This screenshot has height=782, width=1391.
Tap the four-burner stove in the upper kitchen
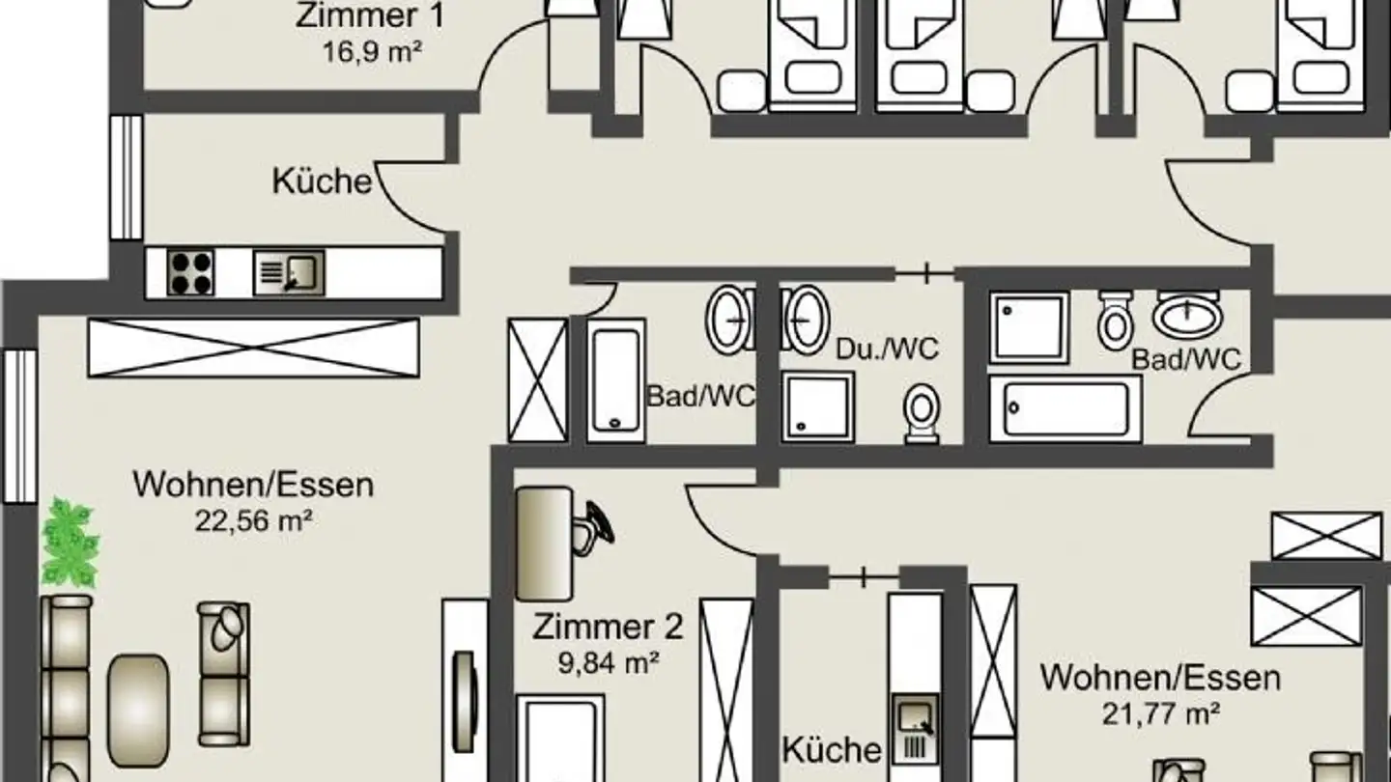click(x=190, y=271)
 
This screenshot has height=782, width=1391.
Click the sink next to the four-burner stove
click(x=289, y=272)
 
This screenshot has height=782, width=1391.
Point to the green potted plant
click(x=70, y=544)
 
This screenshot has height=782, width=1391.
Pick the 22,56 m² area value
click(x=253, y=521)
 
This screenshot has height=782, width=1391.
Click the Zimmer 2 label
click(x=608, y=627)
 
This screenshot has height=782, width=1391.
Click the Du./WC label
click(x=887, y=349)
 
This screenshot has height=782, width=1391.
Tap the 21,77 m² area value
click(x=1159, y=713)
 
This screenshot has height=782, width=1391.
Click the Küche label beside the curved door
click(x=322, y=181)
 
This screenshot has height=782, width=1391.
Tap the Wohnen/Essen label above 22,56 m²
click(x=253, y=484)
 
